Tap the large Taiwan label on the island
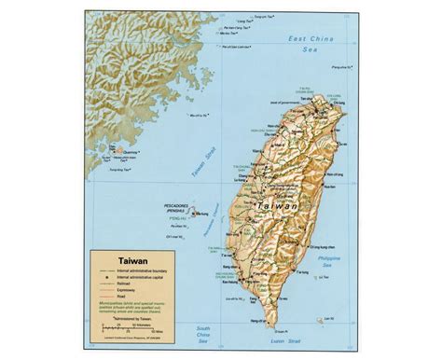coord(276,206)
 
